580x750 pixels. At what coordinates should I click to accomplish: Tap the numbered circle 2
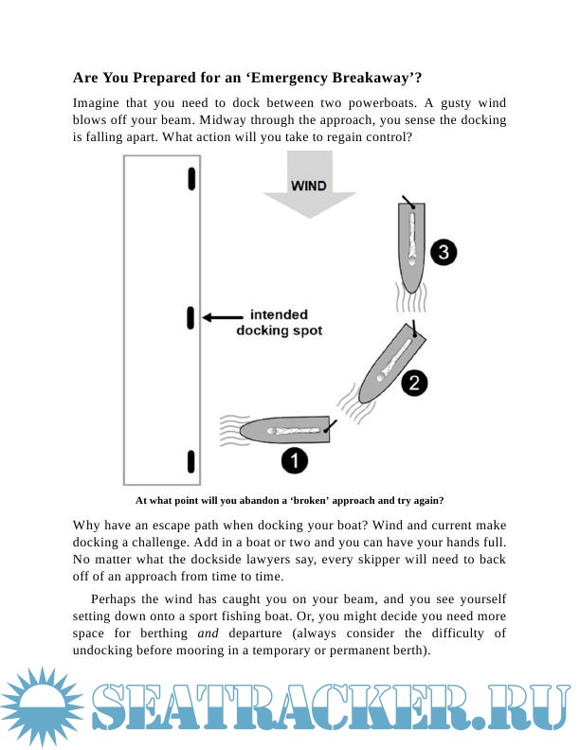click(414, 383)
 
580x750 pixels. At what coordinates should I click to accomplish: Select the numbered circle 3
click(444, 252)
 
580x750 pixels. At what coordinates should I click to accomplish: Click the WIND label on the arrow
click(308, 186)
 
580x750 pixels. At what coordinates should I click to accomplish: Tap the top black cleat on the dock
click(191, 178)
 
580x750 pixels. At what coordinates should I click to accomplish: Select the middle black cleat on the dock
click(191, 318)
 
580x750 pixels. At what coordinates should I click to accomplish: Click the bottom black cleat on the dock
click(191, 461)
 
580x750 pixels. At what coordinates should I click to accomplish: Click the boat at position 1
click(284, 430)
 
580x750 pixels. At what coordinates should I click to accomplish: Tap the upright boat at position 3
click(411, 246)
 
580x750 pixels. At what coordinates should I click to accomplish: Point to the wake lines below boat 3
click(411, 300)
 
